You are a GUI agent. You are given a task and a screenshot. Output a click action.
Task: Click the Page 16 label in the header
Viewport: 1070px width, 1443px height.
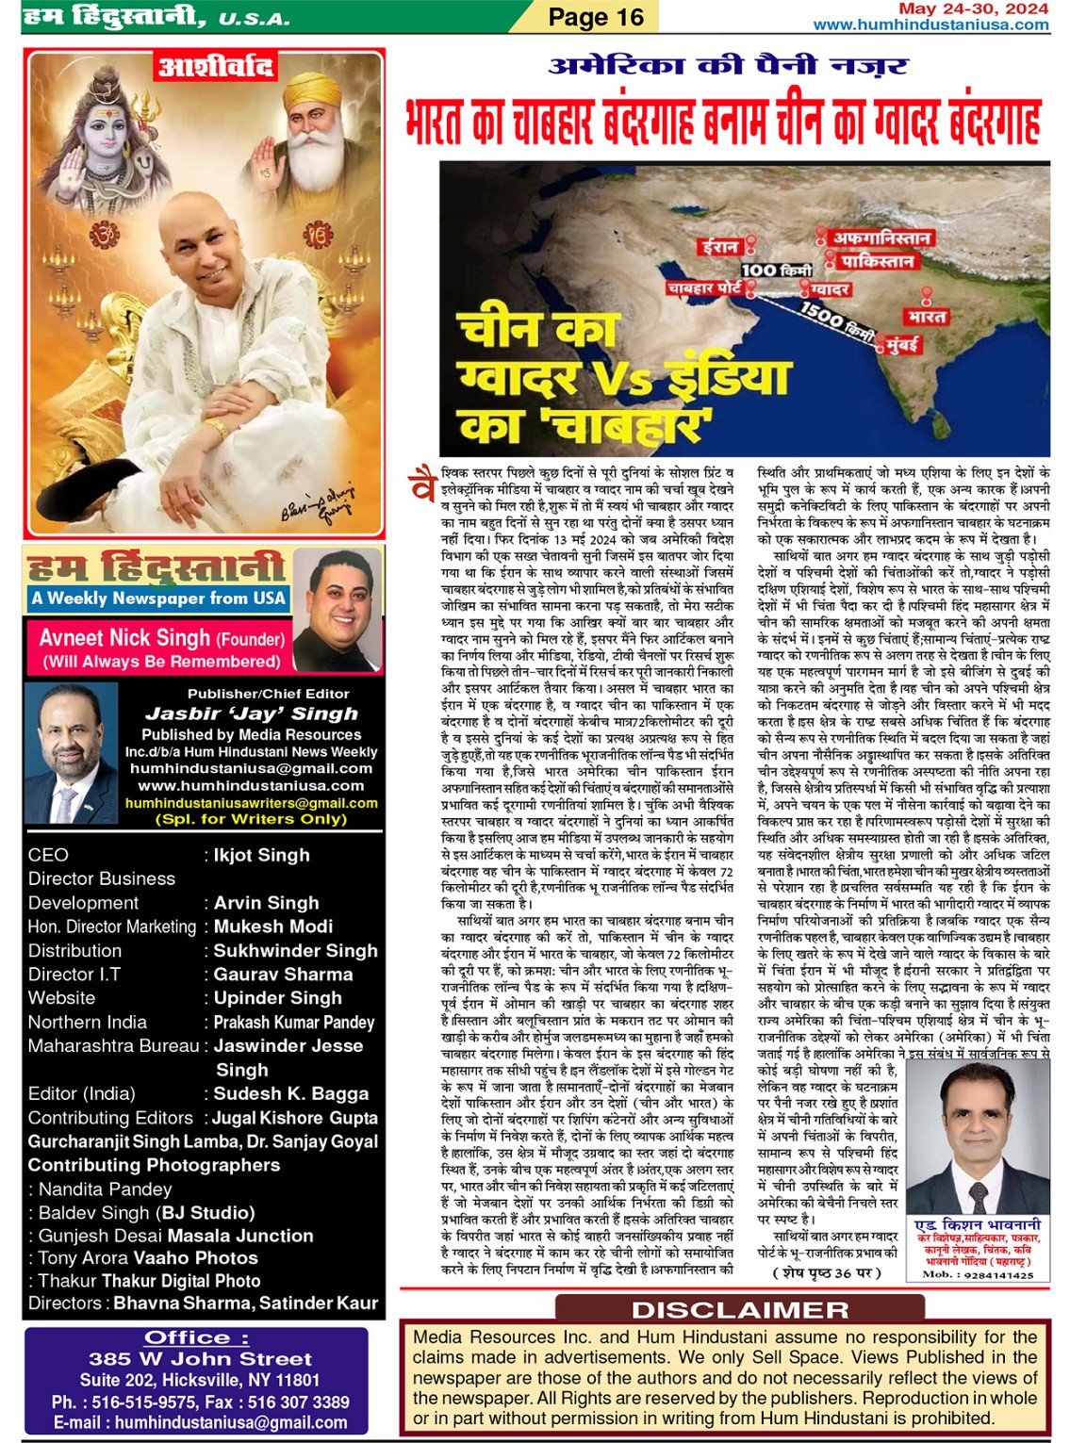coord(596,17)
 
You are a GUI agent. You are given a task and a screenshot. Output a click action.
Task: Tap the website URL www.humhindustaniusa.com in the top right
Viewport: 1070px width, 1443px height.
coord(930,25)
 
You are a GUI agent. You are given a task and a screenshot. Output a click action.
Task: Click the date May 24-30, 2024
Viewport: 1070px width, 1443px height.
coord(973,8)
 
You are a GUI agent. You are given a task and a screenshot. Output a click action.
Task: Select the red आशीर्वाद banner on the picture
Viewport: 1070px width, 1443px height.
coord(216,67)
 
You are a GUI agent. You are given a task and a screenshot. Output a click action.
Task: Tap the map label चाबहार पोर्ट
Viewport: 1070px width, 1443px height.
coord(705,287)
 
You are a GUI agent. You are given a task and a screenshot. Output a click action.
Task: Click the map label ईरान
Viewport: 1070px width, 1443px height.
coord(719,247)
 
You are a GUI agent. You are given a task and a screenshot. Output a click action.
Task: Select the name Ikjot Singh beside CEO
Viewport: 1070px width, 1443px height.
coord(261,855)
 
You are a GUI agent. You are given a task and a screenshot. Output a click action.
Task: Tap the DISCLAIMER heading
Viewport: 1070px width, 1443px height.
coord(740,1310)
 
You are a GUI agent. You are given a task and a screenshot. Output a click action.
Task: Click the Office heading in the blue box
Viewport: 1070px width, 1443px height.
coord(196,1337)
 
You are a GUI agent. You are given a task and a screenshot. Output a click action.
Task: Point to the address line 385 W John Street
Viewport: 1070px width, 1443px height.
coord(200,1359)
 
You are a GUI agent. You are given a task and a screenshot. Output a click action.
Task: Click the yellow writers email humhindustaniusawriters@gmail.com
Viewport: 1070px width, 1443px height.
coord(251,803)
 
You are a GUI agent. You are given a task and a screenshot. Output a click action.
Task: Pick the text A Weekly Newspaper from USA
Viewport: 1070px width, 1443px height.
coord(158,599)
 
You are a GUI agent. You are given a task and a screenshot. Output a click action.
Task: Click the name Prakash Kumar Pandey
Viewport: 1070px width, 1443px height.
coord(293,1023)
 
